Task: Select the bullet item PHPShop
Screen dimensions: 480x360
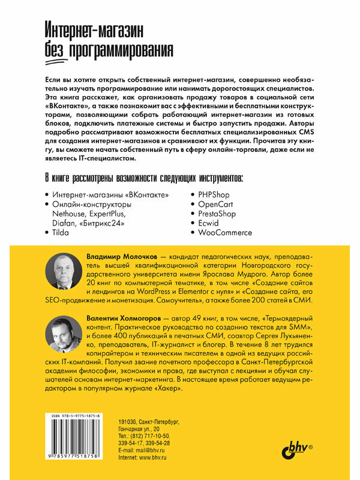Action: point(209,195)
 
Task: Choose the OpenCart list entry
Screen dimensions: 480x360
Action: point(211,205)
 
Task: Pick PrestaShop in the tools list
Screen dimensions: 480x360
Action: point(213,214)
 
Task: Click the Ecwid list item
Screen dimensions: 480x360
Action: point(205,223)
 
